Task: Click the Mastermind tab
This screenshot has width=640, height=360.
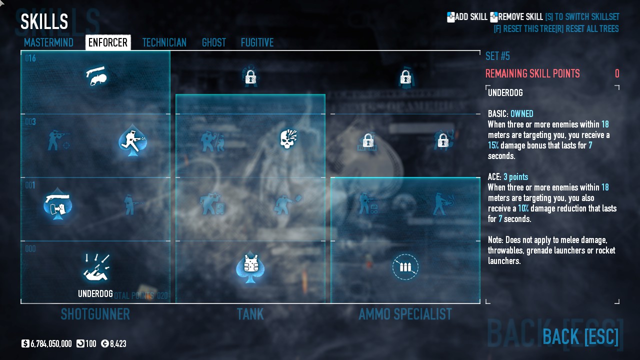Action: click(48, 42)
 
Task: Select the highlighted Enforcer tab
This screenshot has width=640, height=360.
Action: click(108, 42)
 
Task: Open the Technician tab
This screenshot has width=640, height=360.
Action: click(164, 42)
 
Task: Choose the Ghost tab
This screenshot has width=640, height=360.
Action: click(214, 42)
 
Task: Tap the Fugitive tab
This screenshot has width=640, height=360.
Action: click(257, 42)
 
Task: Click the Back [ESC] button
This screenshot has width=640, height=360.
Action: click(580, 336)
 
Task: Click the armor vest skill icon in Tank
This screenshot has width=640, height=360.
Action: click(250, 265)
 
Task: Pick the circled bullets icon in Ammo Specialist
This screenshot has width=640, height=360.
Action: click(405, 267)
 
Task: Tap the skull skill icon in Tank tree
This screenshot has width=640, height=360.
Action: click(288, 139)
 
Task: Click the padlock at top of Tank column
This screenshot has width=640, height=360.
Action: click(250, 77)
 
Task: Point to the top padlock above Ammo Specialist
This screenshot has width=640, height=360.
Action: click(405, 77)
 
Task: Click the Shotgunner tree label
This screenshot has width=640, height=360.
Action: click(95, 314)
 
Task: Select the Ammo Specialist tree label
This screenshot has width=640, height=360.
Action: click(405, 314)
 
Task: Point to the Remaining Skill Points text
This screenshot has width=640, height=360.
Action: click(532, 74)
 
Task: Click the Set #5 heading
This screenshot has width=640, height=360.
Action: click(497, 56)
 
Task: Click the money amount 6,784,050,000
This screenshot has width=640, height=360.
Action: click(51, 344)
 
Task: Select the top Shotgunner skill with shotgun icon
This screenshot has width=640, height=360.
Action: click(96, 76)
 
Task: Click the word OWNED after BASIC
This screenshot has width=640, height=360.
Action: click(521, 114)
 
